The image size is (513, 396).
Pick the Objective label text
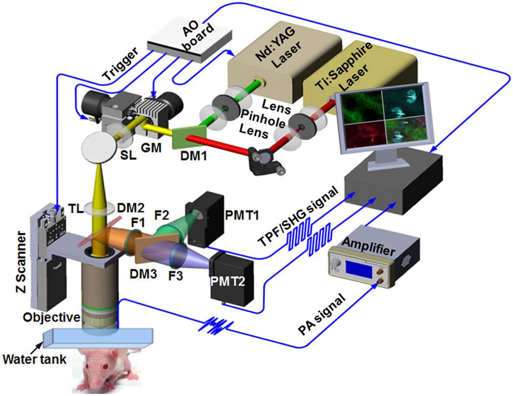pos(51,317)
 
